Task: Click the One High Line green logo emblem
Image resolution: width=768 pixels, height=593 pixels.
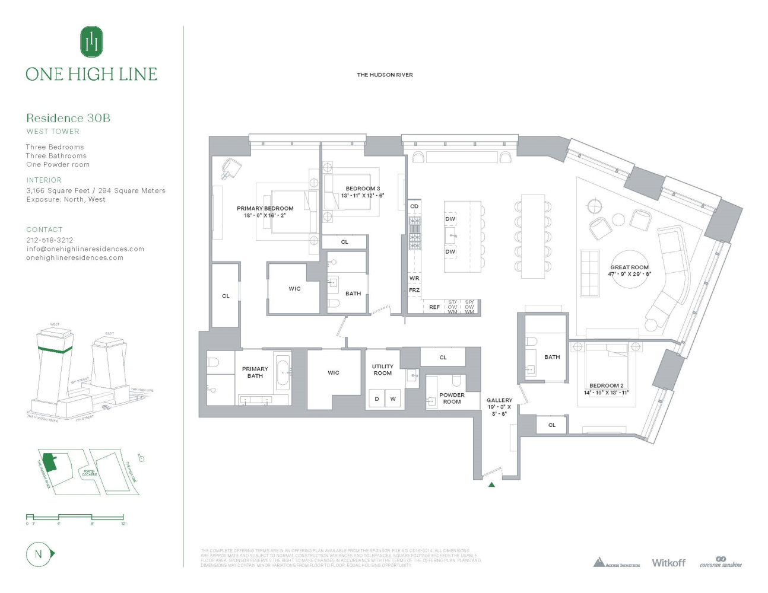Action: (x=91, y=42)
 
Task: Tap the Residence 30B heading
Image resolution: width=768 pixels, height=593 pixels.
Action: (x=68, y=118)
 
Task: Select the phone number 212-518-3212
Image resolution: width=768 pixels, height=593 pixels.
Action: (x=50, y=240)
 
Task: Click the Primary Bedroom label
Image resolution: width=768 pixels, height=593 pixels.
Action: (x=265, y=209)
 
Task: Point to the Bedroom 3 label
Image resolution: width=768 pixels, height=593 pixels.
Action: (x=363, y=189)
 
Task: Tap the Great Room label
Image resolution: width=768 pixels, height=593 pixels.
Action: (x=630, y=267)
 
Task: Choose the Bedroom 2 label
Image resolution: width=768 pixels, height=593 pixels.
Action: (x=606, y=385)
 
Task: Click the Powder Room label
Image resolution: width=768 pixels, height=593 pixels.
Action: (x=452, y=398)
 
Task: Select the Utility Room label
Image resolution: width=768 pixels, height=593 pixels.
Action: (x=383, y=369)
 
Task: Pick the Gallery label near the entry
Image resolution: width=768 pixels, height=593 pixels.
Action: (x=499, y=400)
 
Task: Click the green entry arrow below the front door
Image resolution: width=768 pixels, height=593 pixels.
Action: (x=491, y=484)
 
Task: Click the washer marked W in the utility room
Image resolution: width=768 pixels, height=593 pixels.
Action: (x=393, y=399)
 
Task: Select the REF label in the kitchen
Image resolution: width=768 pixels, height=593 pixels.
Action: (x=434, y=307)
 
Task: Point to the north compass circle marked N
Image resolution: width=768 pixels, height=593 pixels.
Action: (x=39, y=554)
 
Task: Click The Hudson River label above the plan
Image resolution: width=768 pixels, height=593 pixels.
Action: (x=385, y=75)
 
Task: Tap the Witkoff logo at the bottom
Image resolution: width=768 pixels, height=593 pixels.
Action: (x=668, y=563)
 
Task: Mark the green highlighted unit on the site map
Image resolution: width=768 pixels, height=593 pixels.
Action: (x=50, y=463)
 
